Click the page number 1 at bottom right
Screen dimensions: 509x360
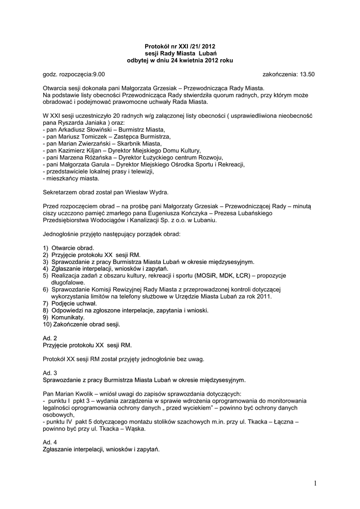(x=315, y=483)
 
